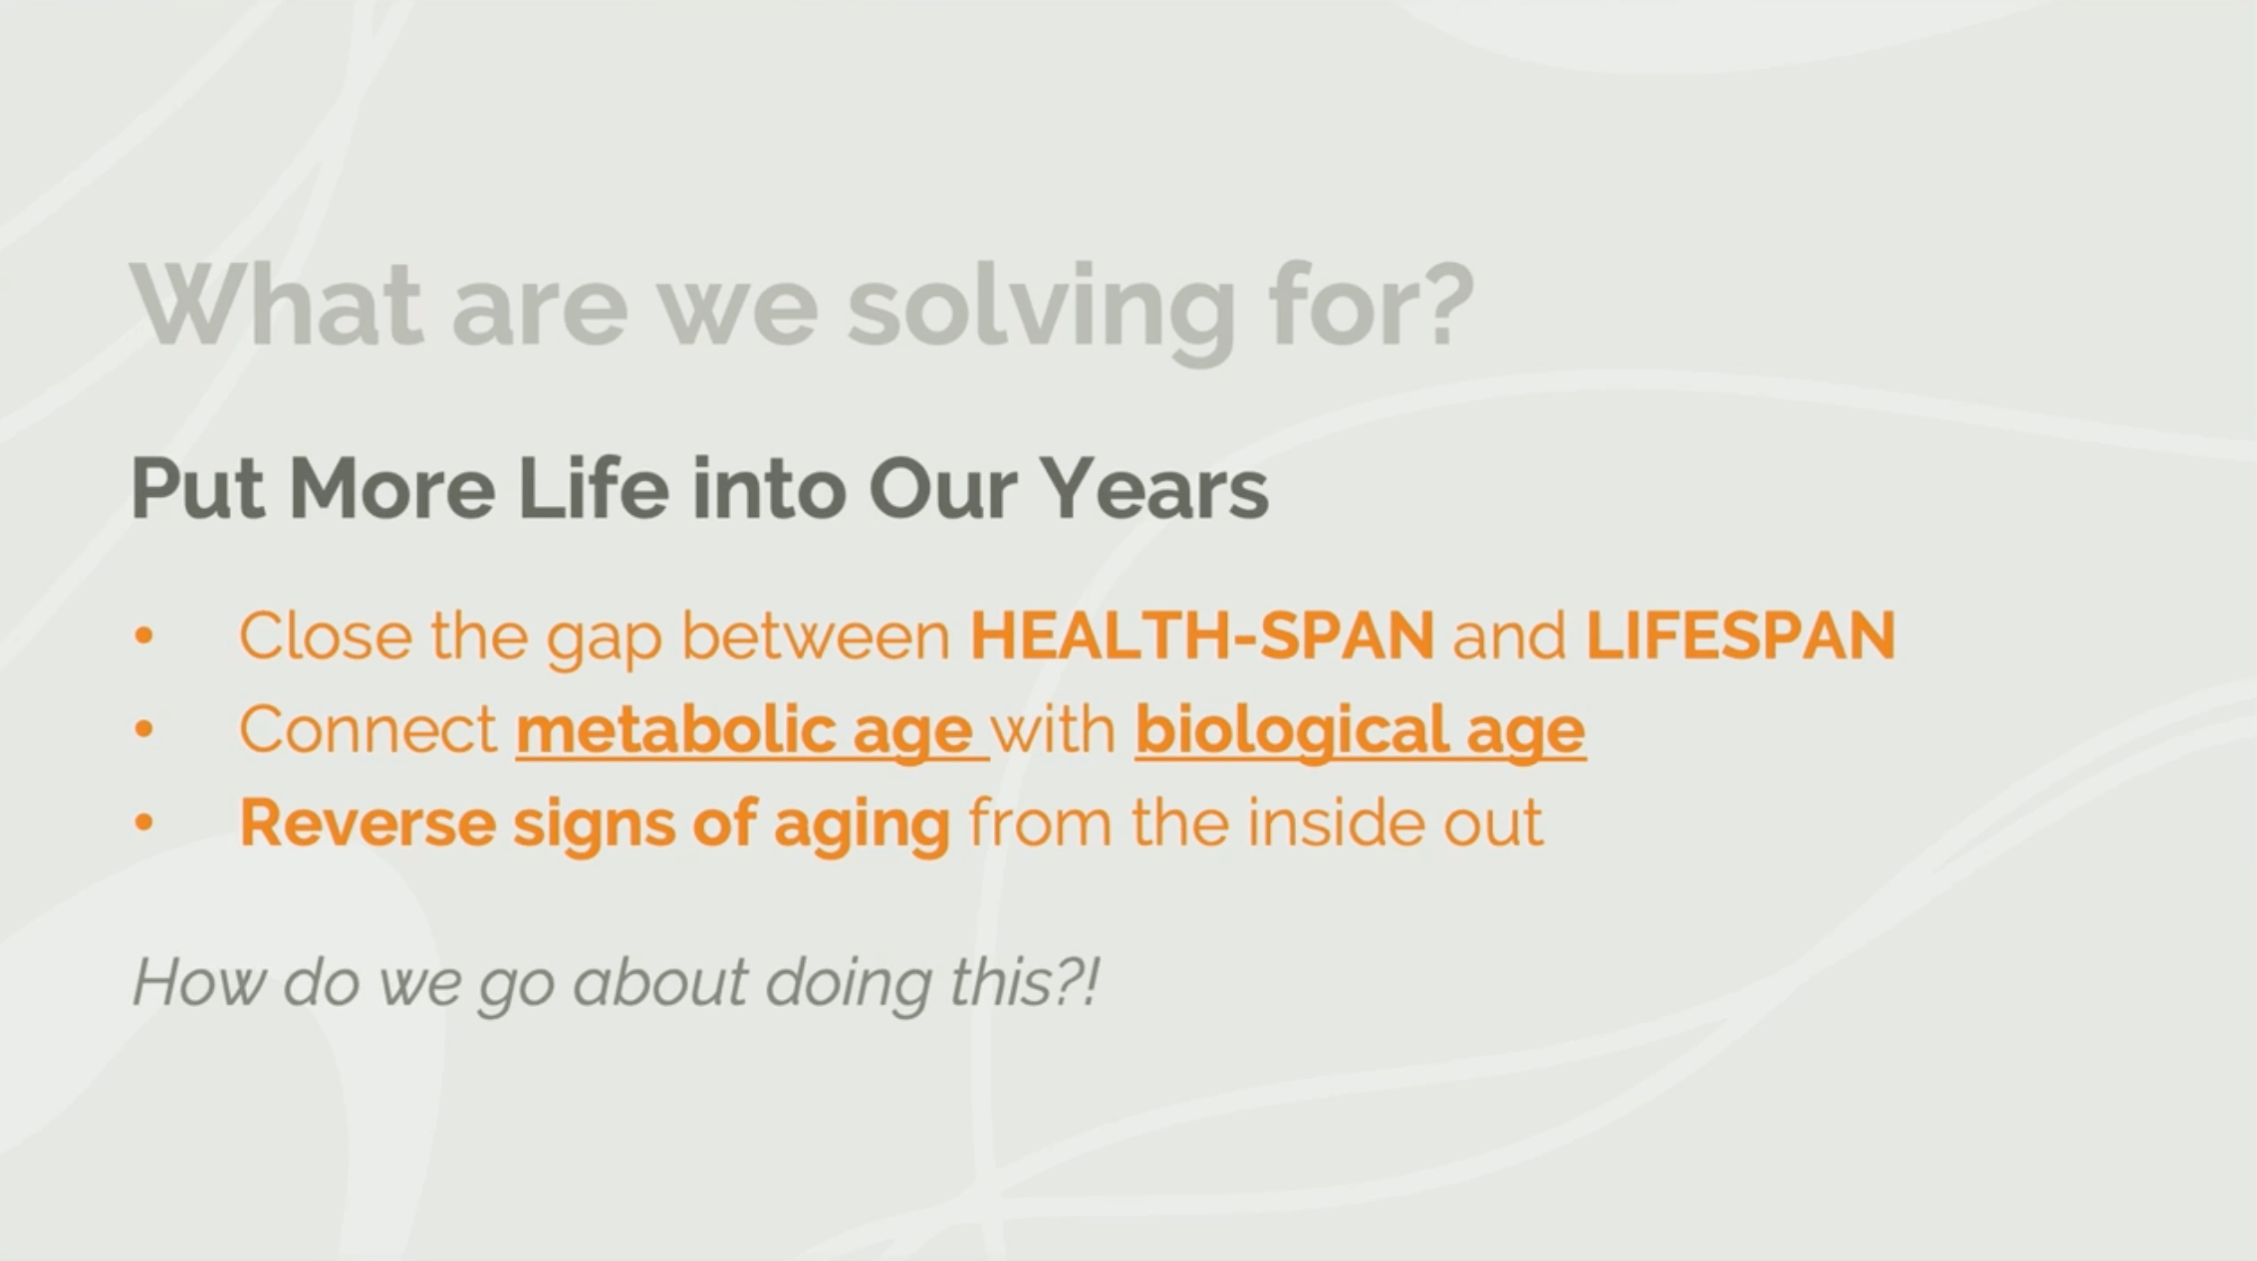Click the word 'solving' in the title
[x=1041, y=309]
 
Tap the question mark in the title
[x=1440, y=303]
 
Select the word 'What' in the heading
[x=277, y=303]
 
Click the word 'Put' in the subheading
[x=198, y=488]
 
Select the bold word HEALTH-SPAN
[x=1202, y=635]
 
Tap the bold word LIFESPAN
[x=1740, y=635]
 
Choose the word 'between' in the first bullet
[x=816, y=635]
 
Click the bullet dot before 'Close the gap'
[x=144, y=635]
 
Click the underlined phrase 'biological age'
[x=1360, y=731]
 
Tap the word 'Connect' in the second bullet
[x=369, y=729]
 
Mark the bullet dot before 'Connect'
[x=144, y=729]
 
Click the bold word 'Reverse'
[x=368, y=823]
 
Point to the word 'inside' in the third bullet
[x=1328, y=823]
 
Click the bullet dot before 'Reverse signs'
[x=144, y=823]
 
